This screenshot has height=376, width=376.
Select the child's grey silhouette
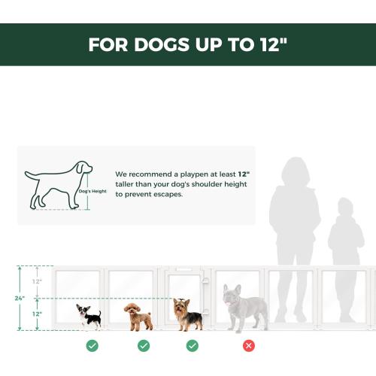point(345,241)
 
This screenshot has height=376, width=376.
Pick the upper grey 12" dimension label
point(38,281)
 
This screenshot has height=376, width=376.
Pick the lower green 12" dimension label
point(38,314)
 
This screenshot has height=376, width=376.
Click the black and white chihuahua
point(89,316)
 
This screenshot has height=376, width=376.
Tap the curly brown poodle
point(138,317)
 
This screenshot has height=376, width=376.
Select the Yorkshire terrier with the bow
point(187,314)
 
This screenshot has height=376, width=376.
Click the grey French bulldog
point(244,308)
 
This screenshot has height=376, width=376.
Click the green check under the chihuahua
point(92,346)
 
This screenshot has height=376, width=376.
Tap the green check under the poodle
point(143,346)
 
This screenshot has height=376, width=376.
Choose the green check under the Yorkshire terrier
point(193,346)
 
